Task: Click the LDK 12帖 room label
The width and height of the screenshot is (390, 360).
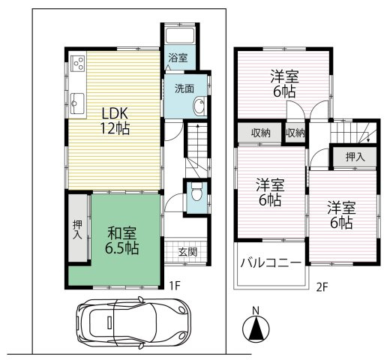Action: [115, 121]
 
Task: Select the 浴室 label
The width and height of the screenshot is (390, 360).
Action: [177, 58]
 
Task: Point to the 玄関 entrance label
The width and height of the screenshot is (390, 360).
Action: [187, 252]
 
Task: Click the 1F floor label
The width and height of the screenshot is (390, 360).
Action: [173, 285]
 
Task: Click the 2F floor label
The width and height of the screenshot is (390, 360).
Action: [322, 285]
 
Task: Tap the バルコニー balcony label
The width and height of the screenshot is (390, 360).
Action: [271, 263]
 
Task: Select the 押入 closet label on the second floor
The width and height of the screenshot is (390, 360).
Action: [355, 157]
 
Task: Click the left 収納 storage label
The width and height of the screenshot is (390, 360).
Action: [260, 133]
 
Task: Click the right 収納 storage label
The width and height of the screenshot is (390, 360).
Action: [295, 133]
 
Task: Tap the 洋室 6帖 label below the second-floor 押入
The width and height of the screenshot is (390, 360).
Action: [340, 214]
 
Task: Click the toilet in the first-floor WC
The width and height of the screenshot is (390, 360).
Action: [196, 193]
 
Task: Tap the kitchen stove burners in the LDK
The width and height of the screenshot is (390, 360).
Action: [77, 64]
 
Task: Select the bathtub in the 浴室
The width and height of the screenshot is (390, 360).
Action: [178, 37]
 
